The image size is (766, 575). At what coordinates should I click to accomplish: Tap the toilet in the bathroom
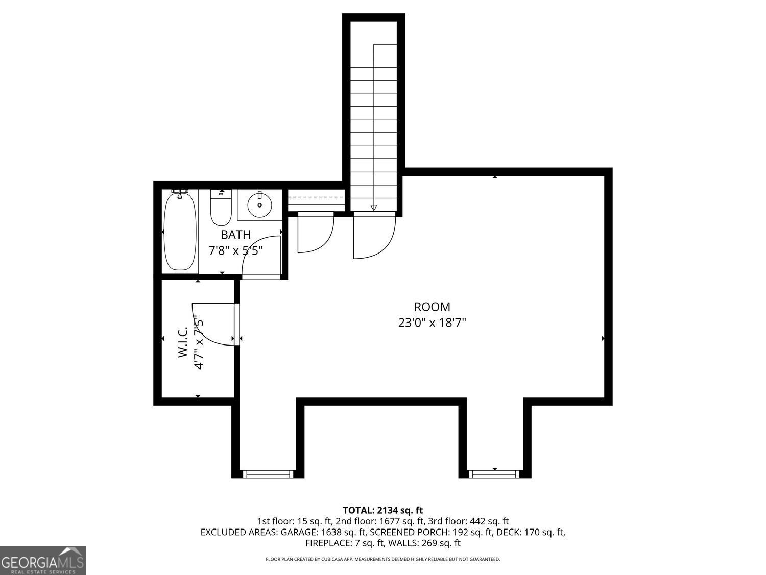pyautogui.click(x=221, y=209)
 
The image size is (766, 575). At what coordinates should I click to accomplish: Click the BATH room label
pyautogui.click(x=235, y=235)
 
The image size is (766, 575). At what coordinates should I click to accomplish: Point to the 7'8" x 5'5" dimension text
pyautogui.click(x=235, y=251)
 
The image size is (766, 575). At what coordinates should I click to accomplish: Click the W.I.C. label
pyautogui.click(x=183, y=342)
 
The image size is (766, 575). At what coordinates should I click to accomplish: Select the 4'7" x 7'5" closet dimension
pyautogui.click(x=199, y=343)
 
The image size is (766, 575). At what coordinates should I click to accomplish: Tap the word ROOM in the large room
pyautogui.click(x=432, y=307)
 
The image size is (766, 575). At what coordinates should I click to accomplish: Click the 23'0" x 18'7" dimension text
pyautogui.click(x=432, y=323)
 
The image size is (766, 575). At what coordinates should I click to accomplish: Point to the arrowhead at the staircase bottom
pyautogui.click(x=374, y=208)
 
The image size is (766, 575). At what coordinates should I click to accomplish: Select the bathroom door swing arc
pyautogui.click(x=260, y=256)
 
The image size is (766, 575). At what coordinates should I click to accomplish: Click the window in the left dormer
pyautogui.click(x=268, y=474)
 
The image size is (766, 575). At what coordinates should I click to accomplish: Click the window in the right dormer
pyautogui.click(x=494, y=474)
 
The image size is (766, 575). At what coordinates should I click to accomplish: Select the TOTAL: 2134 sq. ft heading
pyautogui.click(x=382, y=510)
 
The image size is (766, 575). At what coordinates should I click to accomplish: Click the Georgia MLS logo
pyautogui.click(x=42, y=561)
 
